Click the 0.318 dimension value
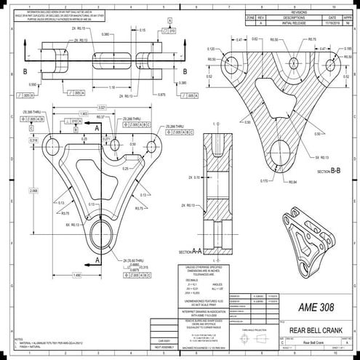point(33,140)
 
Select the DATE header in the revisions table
point(329,17)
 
